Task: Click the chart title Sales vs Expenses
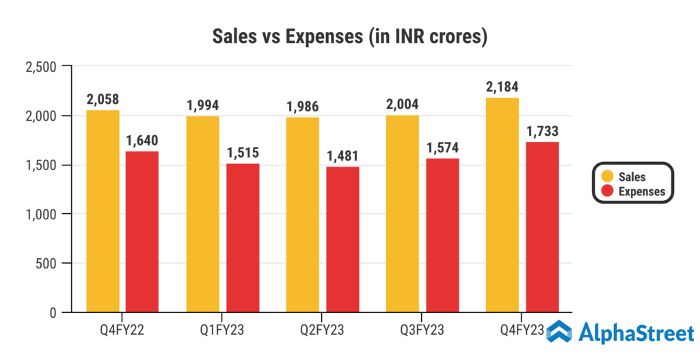click(350, 36)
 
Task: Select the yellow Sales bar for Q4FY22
click(103, 211)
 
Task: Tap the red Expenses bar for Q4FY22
click(142, 232)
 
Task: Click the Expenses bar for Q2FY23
click(342, 239)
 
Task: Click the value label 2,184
click(502, 88)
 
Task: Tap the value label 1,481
click(342, 156)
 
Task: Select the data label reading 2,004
click(402, 105)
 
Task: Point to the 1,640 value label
click(142, 141)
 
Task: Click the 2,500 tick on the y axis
click(39, 67)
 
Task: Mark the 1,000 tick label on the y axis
click(40, 214)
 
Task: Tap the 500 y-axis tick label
click(44, 264)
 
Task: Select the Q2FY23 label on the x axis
click(323, 331)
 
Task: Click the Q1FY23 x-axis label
click(223, 331)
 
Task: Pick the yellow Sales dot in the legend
click(606, 177)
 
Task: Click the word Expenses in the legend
click(641, 192)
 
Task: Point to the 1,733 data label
click(542, 132)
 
